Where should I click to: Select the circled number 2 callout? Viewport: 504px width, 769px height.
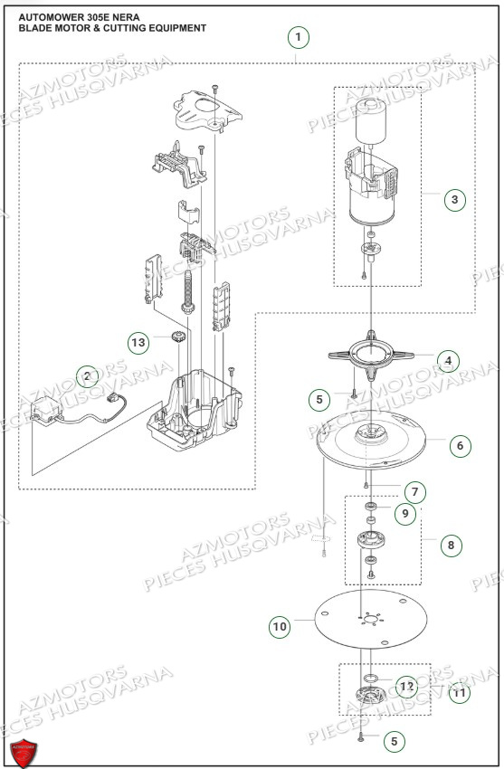[87, 375]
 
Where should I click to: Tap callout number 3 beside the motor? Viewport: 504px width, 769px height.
[456, 200]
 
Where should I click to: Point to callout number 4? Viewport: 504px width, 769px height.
[445, 360]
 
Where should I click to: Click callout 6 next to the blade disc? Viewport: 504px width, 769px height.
[459, 445]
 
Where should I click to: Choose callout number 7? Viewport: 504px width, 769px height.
[414, 492]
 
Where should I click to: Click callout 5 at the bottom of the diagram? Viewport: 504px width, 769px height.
[392, 741]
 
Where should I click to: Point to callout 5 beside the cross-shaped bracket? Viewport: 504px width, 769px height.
[319, 398]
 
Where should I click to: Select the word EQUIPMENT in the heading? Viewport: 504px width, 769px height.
[172, 28]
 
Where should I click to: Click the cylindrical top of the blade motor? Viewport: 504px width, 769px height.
[371, 120]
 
